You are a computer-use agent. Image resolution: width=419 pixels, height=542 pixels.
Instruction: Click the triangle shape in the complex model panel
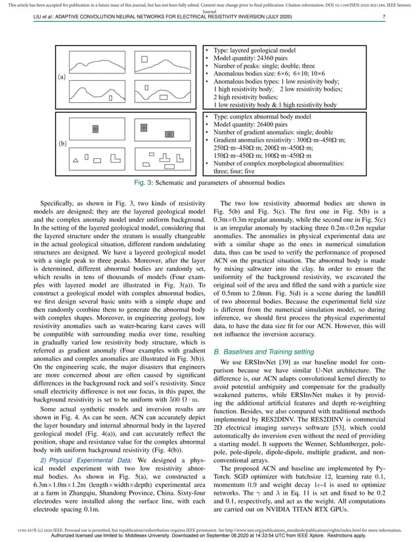(x=76, y=159)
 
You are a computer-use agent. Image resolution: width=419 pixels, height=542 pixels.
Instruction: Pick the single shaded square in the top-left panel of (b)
(x=95, y=128)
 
